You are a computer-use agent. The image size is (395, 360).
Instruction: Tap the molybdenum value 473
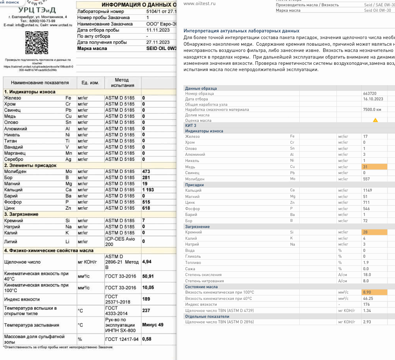pos(146,171)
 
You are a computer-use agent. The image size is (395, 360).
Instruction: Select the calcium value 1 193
pos(148,190)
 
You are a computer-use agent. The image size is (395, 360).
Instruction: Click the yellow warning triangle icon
pos(375,120)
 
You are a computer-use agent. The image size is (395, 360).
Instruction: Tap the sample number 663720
pos(370,94)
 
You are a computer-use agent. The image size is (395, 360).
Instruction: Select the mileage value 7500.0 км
pos(372,110)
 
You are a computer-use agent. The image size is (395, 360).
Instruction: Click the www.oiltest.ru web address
pos(199,4)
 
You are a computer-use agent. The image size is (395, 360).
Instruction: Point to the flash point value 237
pos(146,311)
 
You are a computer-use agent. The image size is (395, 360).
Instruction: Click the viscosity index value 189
pos(146,299)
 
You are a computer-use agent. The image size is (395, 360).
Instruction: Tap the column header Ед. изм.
pos(90,83)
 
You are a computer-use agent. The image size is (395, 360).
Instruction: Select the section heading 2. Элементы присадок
pos(30,166)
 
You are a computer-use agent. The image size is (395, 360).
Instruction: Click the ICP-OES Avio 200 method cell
pos(119,241)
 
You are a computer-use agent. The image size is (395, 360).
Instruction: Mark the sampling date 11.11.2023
pos(158,30)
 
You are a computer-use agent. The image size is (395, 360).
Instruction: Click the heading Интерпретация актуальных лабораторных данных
pos(241,31)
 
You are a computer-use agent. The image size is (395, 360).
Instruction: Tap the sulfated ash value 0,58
pos(147,339)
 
